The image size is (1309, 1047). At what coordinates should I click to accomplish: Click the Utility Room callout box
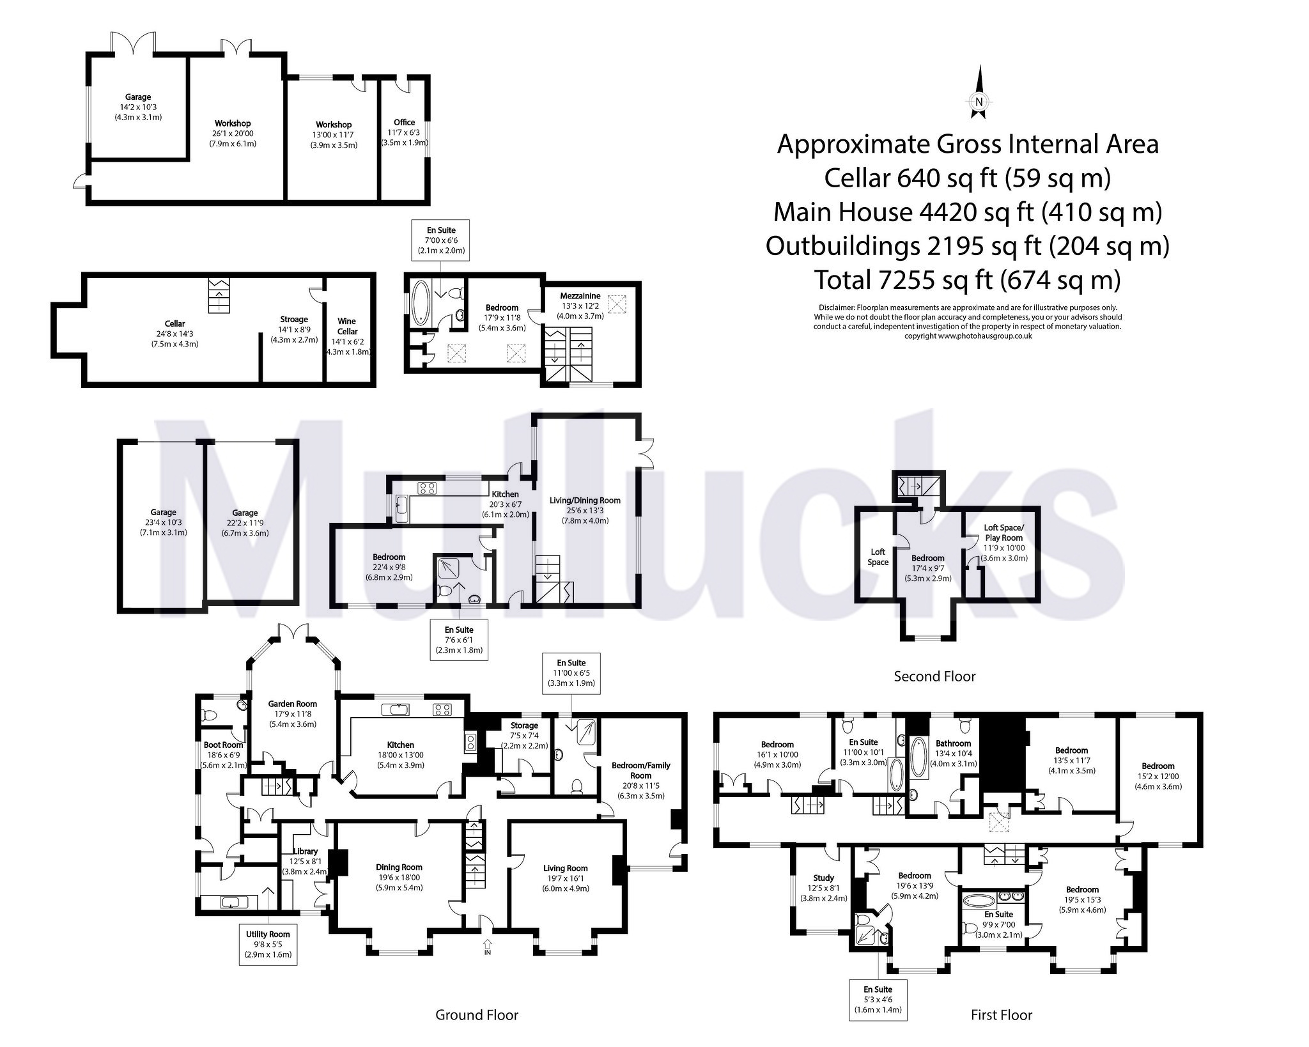(x=268, y=944)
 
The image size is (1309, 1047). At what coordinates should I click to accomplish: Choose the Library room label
(x=306, y=851)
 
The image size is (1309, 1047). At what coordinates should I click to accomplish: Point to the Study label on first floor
(x=823, y=878)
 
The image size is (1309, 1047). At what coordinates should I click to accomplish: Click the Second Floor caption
(x=934, y=676)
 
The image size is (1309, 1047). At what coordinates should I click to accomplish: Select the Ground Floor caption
(x=476, y=1015)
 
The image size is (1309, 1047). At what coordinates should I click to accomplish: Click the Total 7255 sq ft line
(x=967, y=279)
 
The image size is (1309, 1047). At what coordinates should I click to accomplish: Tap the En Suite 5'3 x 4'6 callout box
(x=878, y=999)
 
